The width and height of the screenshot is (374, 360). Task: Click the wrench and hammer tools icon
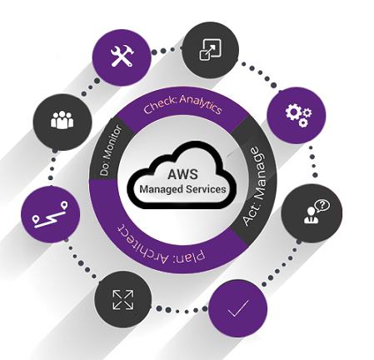point(122,56)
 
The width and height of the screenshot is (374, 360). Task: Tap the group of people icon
point(62,120)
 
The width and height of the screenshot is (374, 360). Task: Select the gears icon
point(298,115)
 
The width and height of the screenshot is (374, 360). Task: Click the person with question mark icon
point(317,212)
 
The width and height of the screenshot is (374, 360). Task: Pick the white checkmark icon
point(238,308)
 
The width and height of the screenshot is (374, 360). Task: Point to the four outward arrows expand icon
point(123,300)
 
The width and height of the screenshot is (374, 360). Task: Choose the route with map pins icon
point(50,215)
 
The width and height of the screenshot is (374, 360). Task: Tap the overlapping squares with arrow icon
point(211,49)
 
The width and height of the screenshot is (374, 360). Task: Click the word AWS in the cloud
point(182,174)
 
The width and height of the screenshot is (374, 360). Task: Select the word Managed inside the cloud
point(161,190)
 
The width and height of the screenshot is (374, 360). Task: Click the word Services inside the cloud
point(206,189)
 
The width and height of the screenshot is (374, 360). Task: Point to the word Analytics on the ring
point(201,103)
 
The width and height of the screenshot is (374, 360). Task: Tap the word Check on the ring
point(160,106)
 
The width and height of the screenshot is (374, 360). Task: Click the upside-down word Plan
point(191,257)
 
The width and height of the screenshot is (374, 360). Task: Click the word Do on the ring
point(105,169)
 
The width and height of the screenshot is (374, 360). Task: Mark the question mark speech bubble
point(322,206)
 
